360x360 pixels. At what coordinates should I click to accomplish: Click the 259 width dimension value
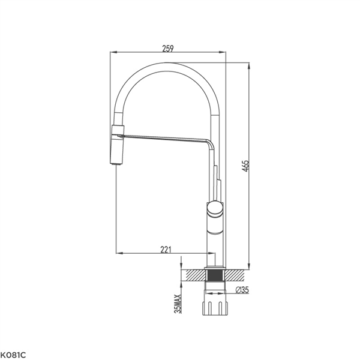click(x=168, y=49)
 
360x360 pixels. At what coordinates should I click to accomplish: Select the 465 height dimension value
click(x=246, y=166)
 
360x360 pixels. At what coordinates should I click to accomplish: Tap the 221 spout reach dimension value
click(x=166, y=250)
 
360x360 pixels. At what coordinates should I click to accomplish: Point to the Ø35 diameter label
click(x=242, y=290)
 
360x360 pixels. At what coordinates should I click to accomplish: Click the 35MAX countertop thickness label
click(x=178, y=304)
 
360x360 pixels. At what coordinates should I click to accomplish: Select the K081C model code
click(x=13, y=355)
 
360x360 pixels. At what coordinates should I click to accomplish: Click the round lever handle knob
click(x=215, y=208)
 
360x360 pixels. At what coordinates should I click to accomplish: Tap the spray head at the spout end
click(x=118, y=145)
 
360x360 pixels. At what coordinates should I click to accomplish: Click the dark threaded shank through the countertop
click(x=215, y=275)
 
